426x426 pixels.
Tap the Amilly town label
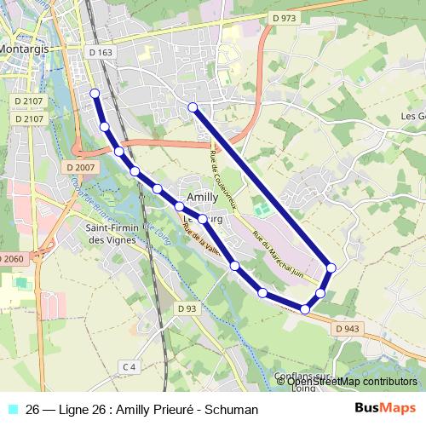(202, 195)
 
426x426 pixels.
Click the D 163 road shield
(101, 53)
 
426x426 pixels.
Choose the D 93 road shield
(187, 308)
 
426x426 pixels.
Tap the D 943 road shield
(347, 328)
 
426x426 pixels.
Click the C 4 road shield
(129, 366)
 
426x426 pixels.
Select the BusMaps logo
(385, 409)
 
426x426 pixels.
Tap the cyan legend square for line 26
(11, 410)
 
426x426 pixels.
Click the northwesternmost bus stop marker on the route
(95, 93)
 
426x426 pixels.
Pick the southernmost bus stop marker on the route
(304, 308)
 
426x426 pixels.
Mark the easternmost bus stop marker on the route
(331, 268)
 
